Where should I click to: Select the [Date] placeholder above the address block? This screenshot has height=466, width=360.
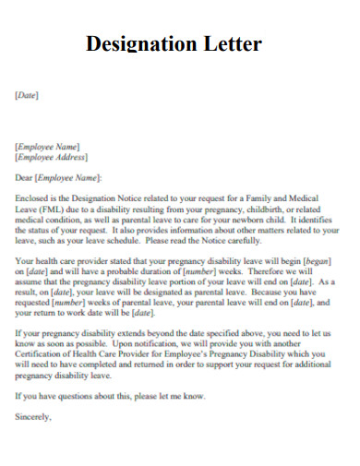point(27,95)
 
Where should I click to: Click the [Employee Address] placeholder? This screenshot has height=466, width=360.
point(54,158)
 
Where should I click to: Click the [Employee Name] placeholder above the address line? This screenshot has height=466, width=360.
point(47,146)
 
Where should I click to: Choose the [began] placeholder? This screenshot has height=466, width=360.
point(316,261)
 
